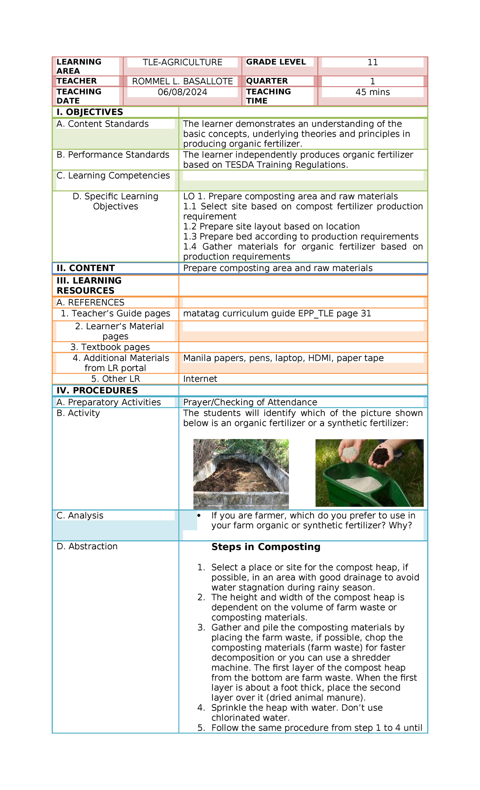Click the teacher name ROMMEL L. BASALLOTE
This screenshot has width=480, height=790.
click(182, 82)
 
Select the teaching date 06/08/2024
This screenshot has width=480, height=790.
click(182, 92)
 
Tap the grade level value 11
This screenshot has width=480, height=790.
click(372, 62)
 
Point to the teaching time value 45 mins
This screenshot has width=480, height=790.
click(372, 92)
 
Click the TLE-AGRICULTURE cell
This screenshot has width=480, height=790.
click(182, 62)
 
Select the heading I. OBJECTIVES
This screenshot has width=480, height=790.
click(90, 112)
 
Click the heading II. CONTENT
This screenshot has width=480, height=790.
click(86, 268)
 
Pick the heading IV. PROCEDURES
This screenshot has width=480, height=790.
click(97, 391)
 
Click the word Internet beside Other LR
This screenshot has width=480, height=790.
click(200, 379)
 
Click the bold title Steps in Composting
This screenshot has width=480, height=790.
click(266, 547)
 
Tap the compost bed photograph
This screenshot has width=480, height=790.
click(241, 474)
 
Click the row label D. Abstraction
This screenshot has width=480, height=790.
click(87, 547)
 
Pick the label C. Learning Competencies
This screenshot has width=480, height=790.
click(113, 176)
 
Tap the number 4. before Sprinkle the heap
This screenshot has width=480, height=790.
click(201, 708)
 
